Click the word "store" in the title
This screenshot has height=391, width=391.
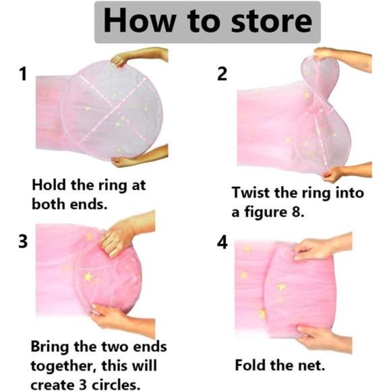[x=272, y=22]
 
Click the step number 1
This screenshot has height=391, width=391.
[x=23, y=74]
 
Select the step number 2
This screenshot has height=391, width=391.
[x=222, y=74]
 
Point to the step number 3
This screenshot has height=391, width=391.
[x=23, y=241]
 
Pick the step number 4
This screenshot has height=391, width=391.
[x=222, y=243]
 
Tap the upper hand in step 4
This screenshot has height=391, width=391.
[x=323, y=247]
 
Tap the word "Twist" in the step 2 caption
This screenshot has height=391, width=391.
[x=251, y=193]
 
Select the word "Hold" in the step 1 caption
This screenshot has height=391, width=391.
[x=49, y=185]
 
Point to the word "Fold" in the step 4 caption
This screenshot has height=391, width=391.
[x=251, y=365]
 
